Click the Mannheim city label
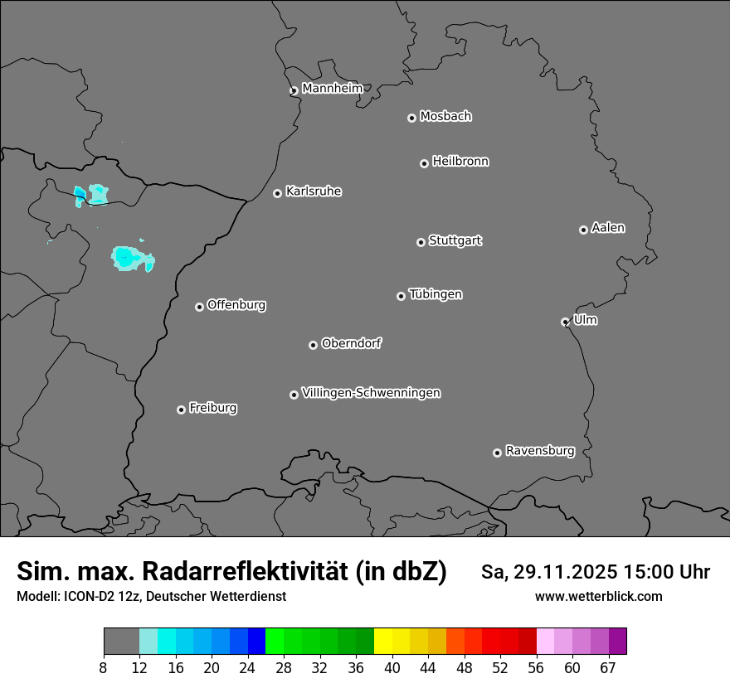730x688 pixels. [332, 88]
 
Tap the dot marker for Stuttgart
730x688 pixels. [421, 242]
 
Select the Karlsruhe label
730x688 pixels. [313, 191]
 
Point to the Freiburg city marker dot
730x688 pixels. [181, 409]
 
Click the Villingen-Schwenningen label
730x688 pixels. [371, 392]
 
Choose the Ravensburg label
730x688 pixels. [539, 451]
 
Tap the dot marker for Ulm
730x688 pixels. [565, 322]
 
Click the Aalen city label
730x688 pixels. [607, 227]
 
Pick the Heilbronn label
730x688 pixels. [460, 161]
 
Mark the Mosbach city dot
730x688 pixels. [411, 118]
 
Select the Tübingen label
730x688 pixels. [435, 294]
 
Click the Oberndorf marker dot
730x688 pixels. [313, 345]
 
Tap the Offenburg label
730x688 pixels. [236, 304]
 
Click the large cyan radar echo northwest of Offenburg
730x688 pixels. [129, 258]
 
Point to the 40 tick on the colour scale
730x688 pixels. [392, 667]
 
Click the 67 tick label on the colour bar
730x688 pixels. [608, 667]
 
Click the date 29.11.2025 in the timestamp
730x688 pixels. [562, 572]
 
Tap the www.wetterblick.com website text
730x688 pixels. [598, 596]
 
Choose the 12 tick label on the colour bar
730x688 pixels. [139, 667]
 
